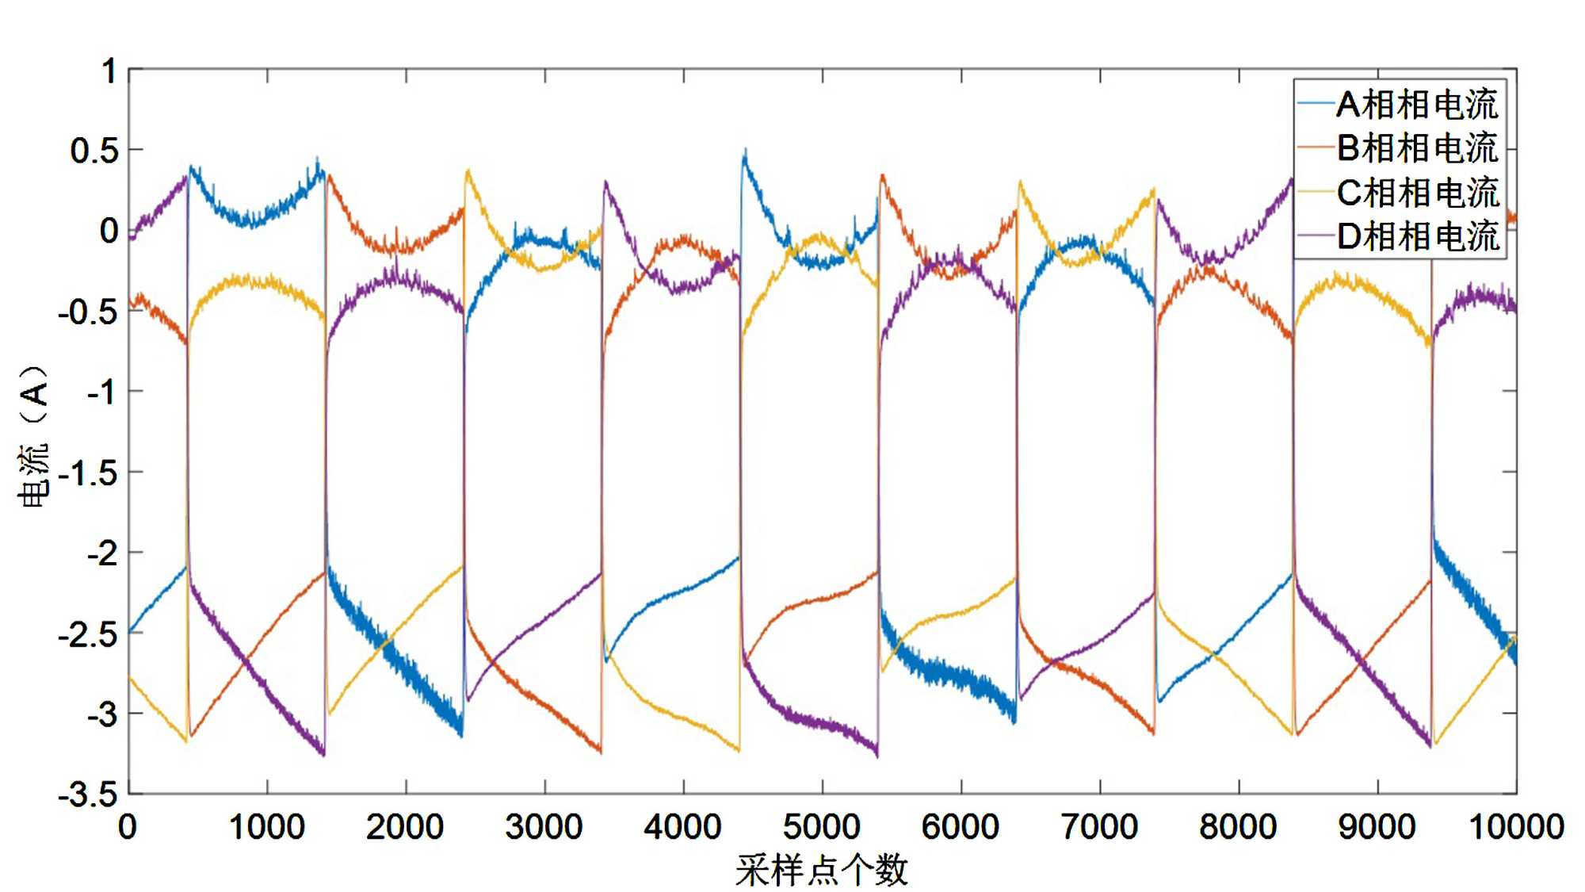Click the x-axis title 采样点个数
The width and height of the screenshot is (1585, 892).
click(822, 870)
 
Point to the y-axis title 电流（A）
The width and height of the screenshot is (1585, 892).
click(33, 435)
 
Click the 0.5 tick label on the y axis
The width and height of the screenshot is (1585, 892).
click(94, 151)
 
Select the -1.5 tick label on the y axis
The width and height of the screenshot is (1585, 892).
click(88, 473)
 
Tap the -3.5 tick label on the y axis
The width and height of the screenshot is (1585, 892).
click(88, 794)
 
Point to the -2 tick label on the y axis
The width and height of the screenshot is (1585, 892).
click(101, 553)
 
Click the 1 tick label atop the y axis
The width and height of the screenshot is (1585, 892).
click(109, 71)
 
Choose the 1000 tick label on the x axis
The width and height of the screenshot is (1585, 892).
click(267, 827)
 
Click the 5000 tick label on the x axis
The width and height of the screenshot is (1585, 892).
click(822, 827)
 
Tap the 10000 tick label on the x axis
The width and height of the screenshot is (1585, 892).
click(1516, 827)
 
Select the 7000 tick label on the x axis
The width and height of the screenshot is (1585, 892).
click(1099, 827)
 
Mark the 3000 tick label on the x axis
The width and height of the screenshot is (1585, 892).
click(544, 827)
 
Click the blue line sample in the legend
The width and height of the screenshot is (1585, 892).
click(1316, 105)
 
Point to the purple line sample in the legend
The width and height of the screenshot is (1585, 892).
click(1316, 236)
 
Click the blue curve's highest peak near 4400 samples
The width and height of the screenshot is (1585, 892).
click(744, 151)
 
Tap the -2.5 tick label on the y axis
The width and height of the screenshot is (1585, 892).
click(88, 635)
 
